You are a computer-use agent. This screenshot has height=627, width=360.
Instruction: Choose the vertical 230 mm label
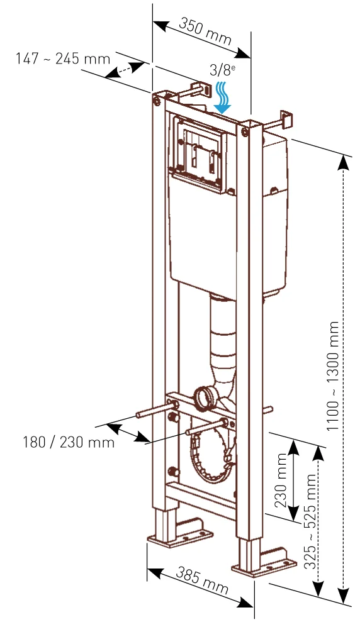coord(281,480)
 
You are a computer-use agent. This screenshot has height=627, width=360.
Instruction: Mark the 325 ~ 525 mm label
coord(310,522)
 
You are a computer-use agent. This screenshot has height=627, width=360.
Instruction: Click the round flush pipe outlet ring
coord(205,397)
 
